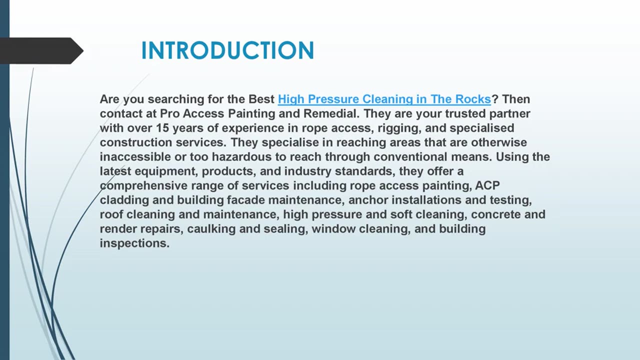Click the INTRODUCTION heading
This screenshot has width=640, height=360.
click(x=227, y=50)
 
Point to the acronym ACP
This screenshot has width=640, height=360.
click(x=487, y=186)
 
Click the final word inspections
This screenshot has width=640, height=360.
click(x=134, y=244)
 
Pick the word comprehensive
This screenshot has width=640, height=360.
click(x=143, y=186)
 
